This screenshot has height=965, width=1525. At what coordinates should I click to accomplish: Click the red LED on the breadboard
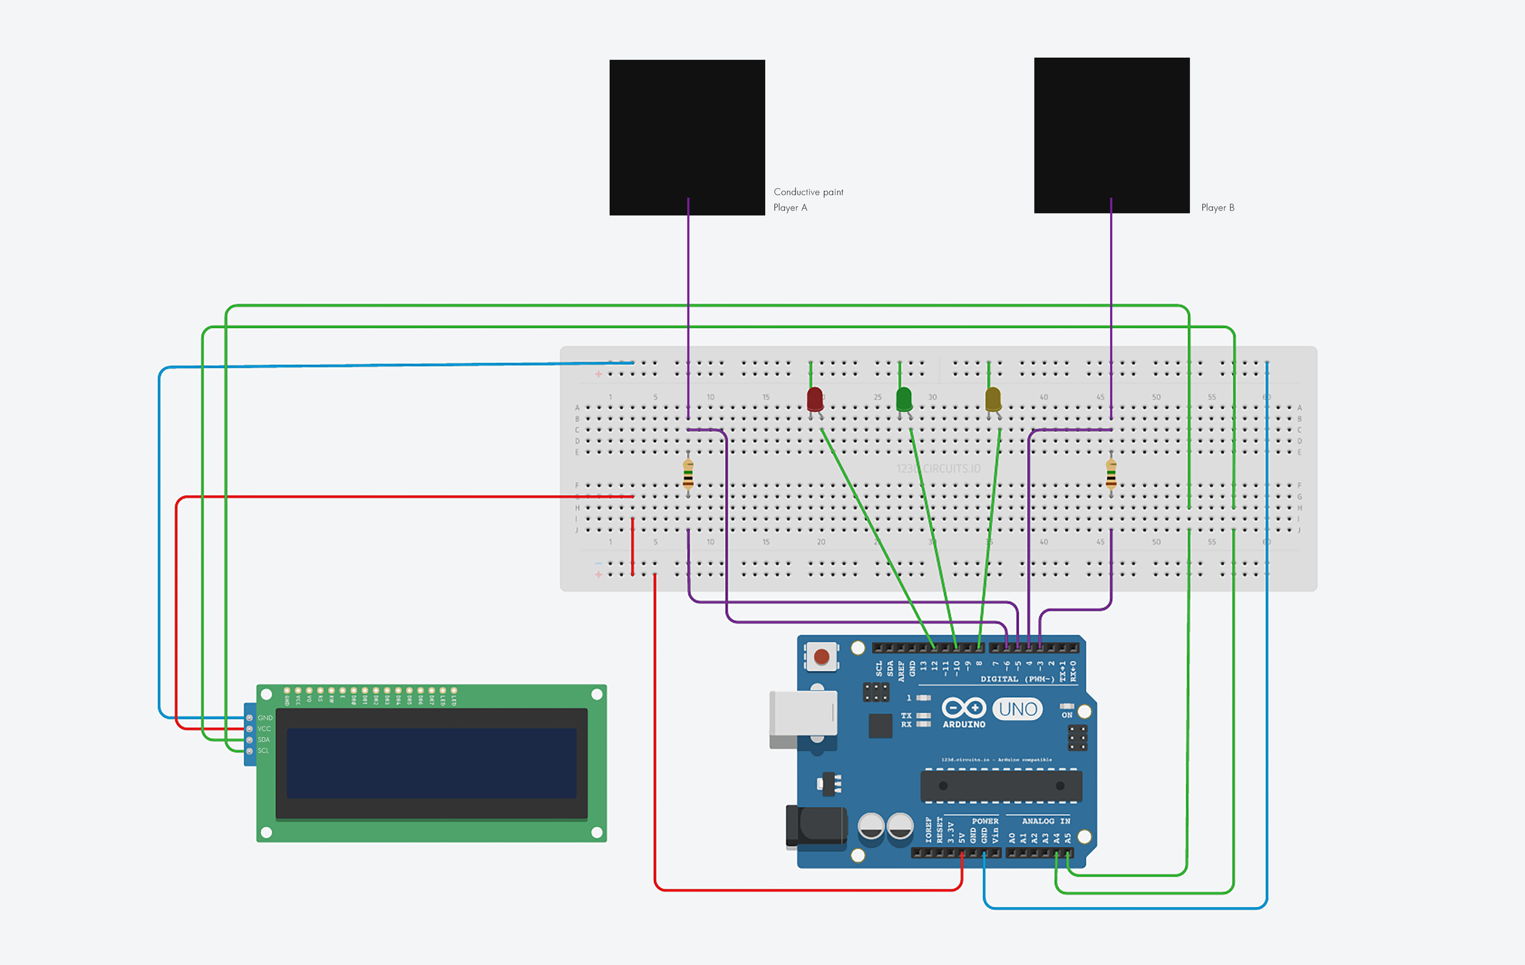[815, 399]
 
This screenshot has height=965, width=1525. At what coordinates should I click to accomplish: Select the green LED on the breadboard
[904, 399]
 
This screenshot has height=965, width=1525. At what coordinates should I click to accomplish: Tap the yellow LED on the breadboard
[993, 399]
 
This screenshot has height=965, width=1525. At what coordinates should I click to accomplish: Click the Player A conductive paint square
[687, 137]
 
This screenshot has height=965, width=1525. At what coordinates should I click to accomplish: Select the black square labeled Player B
[1111, 135]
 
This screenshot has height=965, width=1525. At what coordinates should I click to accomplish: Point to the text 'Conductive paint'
[808, 192]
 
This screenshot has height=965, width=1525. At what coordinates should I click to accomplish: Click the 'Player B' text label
[1217, 208]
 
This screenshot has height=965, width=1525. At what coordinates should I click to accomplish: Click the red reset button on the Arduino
[821, 657]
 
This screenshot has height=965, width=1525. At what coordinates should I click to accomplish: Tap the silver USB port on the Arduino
[803, 714]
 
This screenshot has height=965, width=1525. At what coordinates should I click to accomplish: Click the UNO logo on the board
[1017, 709]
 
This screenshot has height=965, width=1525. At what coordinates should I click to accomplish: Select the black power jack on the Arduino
[817, 825]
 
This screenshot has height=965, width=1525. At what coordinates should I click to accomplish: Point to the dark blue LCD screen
[431, 763]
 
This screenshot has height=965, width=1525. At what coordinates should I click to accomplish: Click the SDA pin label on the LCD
[264, 740]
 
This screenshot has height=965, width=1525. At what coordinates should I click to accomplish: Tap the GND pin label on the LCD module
[265, 718]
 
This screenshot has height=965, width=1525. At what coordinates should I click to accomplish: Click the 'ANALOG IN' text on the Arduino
[1045, 821]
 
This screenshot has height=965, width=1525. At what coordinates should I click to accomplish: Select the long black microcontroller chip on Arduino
[1001, 786]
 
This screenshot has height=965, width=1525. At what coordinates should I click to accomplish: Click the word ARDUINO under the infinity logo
[963, 725]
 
